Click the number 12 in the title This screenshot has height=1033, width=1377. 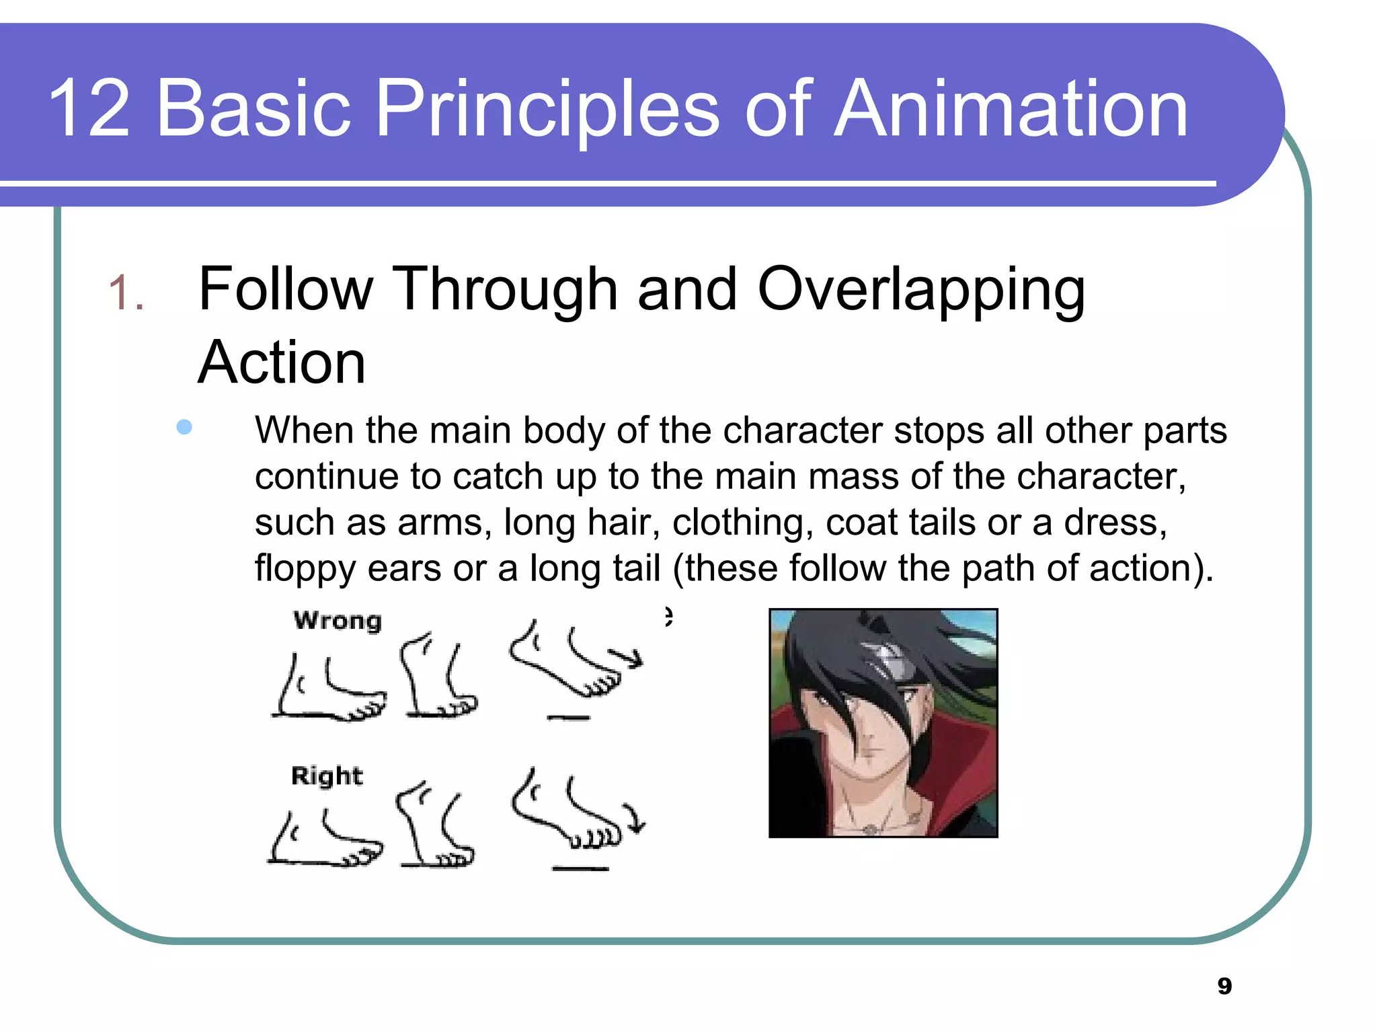[x=89, y=109]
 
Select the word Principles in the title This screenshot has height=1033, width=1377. [x=547, y=109]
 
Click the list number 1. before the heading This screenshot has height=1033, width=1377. [x=126, y=293]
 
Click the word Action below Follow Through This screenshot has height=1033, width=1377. [x=282, y=363]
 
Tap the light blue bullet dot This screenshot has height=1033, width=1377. [x=184, y=427]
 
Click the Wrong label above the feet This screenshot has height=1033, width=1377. [x=338, y=620]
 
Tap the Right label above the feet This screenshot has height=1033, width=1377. [x=327, y=775]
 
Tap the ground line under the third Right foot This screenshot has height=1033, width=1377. [x=580, y=869]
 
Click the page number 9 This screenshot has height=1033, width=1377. [x=1224, y=986]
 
